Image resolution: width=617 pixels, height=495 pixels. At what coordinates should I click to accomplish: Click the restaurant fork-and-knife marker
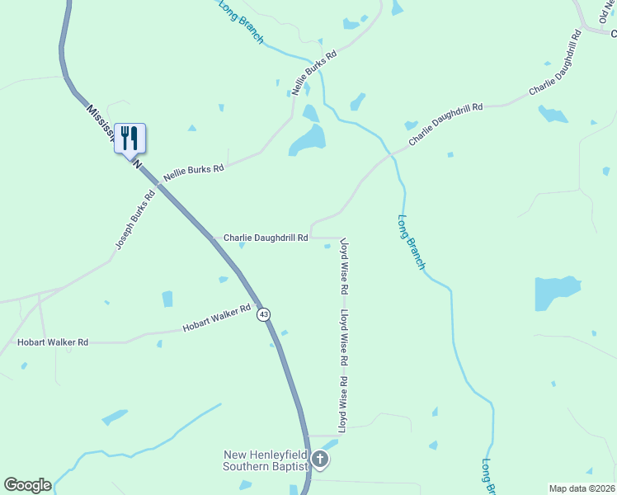tap(130, 137)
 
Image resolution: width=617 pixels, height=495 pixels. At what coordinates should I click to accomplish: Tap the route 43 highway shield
tap(263, 314)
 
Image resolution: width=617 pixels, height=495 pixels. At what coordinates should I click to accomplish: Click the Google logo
tap(27, 485)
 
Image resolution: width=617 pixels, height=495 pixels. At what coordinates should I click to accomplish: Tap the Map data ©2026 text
tap(581, 488)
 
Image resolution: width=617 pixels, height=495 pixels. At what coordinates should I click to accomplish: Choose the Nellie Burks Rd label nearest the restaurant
tap(193, 172)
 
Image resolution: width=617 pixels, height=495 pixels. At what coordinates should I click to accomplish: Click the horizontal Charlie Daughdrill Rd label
tap(266, 238)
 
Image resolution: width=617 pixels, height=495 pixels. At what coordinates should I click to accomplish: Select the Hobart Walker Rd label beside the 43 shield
tap(216, 319)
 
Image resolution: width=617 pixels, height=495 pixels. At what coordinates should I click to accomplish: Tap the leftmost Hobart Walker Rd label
tap(53, 342)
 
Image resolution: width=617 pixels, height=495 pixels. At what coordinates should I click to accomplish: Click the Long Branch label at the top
tap(240, 21)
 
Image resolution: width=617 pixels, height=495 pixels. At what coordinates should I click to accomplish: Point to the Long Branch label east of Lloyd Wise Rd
tap(411, 243)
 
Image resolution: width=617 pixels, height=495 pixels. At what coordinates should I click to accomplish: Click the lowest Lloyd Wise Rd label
tap(343, 403)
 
